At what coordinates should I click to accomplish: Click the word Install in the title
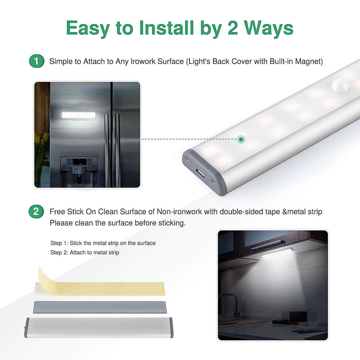click(166, 28)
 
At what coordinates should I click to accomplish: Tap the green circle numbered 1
click(37, 61)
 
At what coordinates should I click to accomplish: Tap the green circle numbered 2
click(36, 211)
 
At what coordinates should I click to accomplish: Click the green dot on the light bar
click(241, 139)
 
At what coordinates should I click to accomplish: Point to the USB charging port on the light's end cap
click(200, 173)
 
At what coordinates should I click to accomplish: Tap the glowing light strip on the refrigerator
click(79, 115)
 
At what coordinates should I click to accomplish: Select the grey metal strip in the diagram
click(100, 307)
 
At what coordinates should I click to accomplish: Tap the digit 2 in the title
click(233, 28)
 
